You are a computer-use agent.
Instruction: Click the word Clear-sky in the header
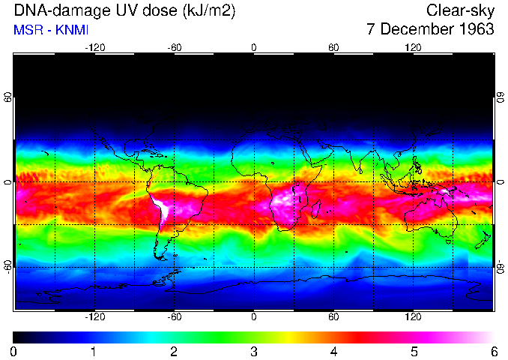tap(460, 10)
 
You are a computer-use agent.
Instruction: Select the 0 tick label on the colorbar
tap(14, 351)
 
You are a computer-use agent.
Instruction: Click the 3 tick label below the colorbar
tap(254, 351)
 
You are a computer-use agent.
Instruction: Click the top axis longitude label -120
tap(94, 47)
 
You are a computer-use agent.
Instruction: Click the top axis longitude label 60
tap(333, 47)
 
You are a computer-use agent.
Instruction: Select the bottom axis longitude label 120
tap(414, 317)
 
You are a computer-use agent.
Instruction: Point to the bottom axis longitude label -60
tap(174, 317)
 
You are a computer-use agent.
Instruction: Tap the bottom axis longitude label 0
tap(254, 317)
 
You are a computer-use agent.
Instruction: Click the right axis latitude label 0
tap(500, 182)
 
